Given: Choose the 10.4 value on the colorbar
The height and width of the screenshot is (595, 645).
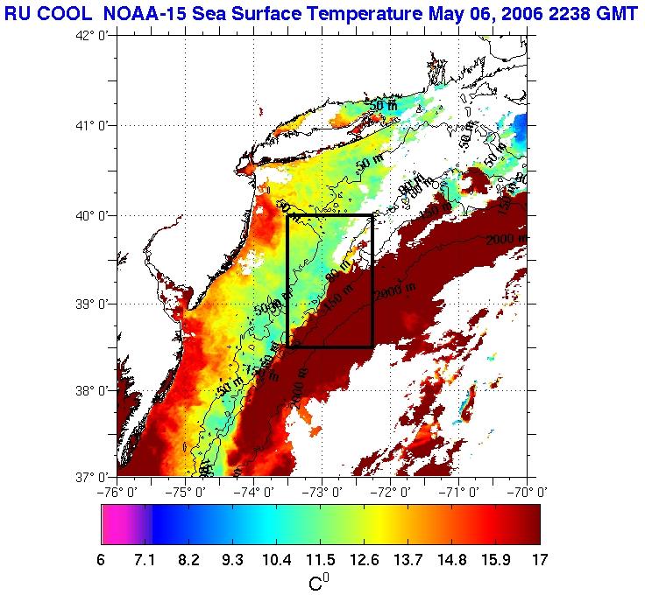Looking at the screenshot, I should click(x=276, y=558).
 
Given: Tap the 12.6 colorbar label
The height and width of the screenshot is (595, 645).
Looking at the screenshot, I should click(x=364, y=558).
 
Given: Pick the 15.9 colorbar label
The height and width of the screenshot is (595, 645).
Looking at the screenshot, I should click(x=495, y=558).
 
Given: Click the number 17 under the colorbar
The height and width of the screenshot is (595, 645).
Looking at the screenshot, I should click(x=539, y=558).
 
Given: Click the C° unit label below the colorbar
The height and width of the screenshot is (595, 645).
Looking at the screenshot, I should click(x=319, y=582).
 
